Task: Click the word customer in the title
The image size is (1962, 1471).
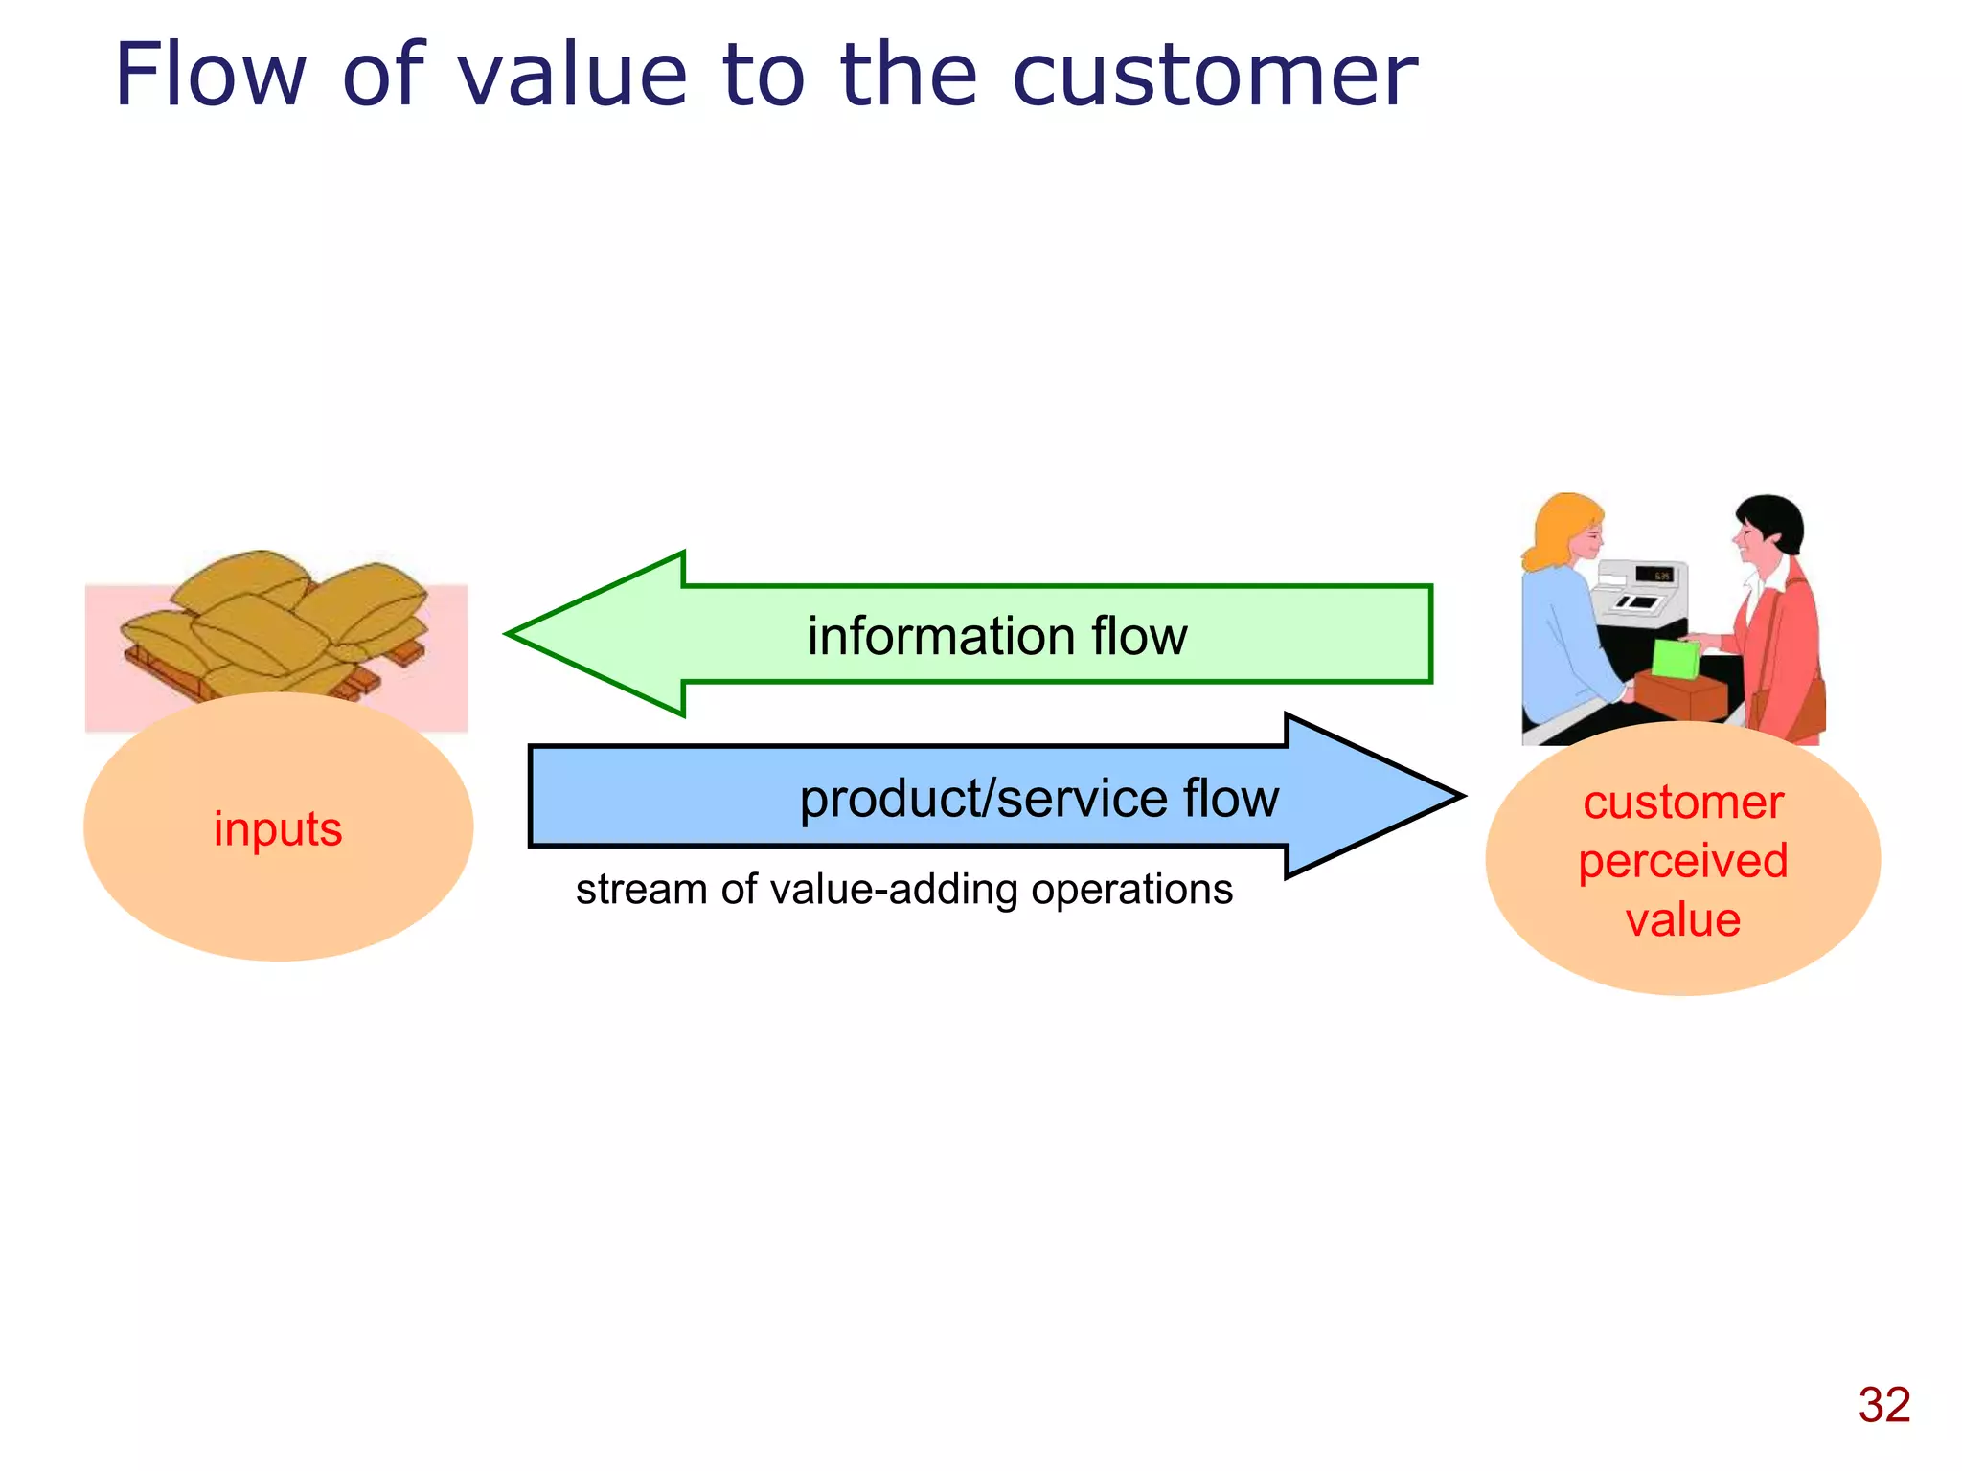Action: point(1214,77)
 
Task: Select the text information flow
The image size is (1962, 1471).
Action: point(996,636)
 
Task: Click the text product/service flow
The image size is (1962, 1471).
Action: point(1038,798)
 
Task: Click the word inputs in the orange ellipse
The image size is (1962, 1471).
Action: point(278,828)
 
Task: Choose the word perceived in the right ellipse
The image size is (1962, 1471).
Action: point(1682,860)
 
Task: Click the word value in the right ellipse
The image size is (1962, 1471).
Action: point(1682,919)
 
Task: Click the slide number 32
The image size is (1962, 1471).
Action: point(1883,1405)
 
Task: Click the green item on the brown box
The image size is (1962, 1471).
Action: point(1675,659)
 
